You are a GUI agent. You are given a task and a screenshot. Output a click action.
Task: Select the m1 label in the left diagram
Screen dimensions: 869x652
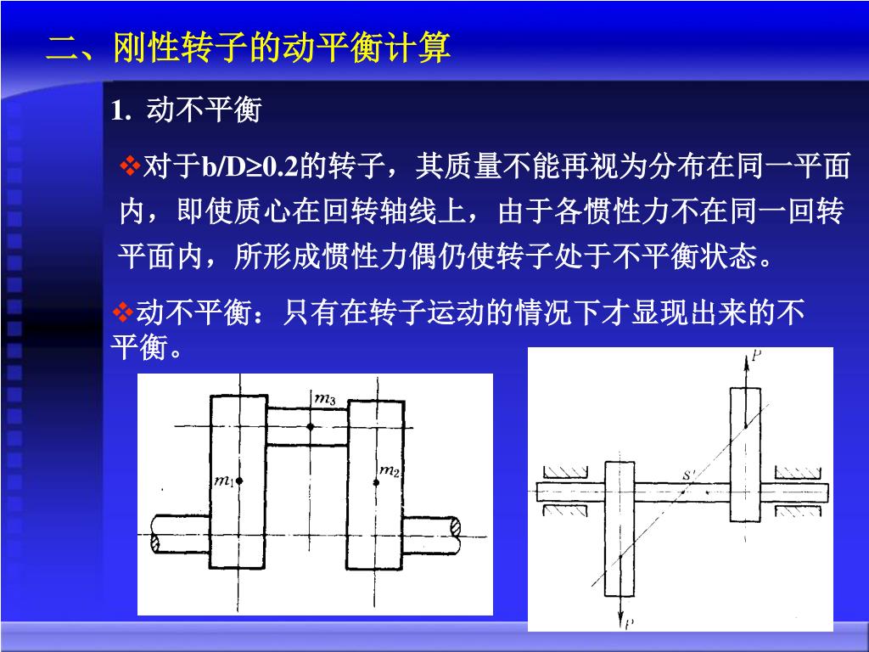pos(225,482)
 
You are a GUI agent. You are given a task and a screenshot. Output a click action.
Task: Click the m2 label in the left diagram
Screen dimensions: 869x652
pos(390,469)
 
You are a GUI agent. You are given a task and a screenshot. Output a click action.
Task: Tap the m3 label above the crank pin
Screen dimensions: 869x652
pos(325,397)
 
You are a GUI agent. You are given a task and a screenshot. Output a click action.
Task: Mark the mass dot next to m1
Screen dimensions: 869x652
pos(240,481)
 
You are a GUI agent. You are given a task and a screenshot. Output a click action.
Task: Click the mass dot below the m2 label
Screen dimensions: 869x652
pos(376,482)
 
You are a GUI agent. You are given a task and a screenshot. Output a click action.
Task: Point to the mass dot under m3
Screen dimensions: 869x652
pos(311,426)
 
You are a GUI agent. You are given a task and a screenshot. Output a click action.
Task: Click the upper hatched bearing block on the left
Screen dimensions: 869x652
pos(568,470)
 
